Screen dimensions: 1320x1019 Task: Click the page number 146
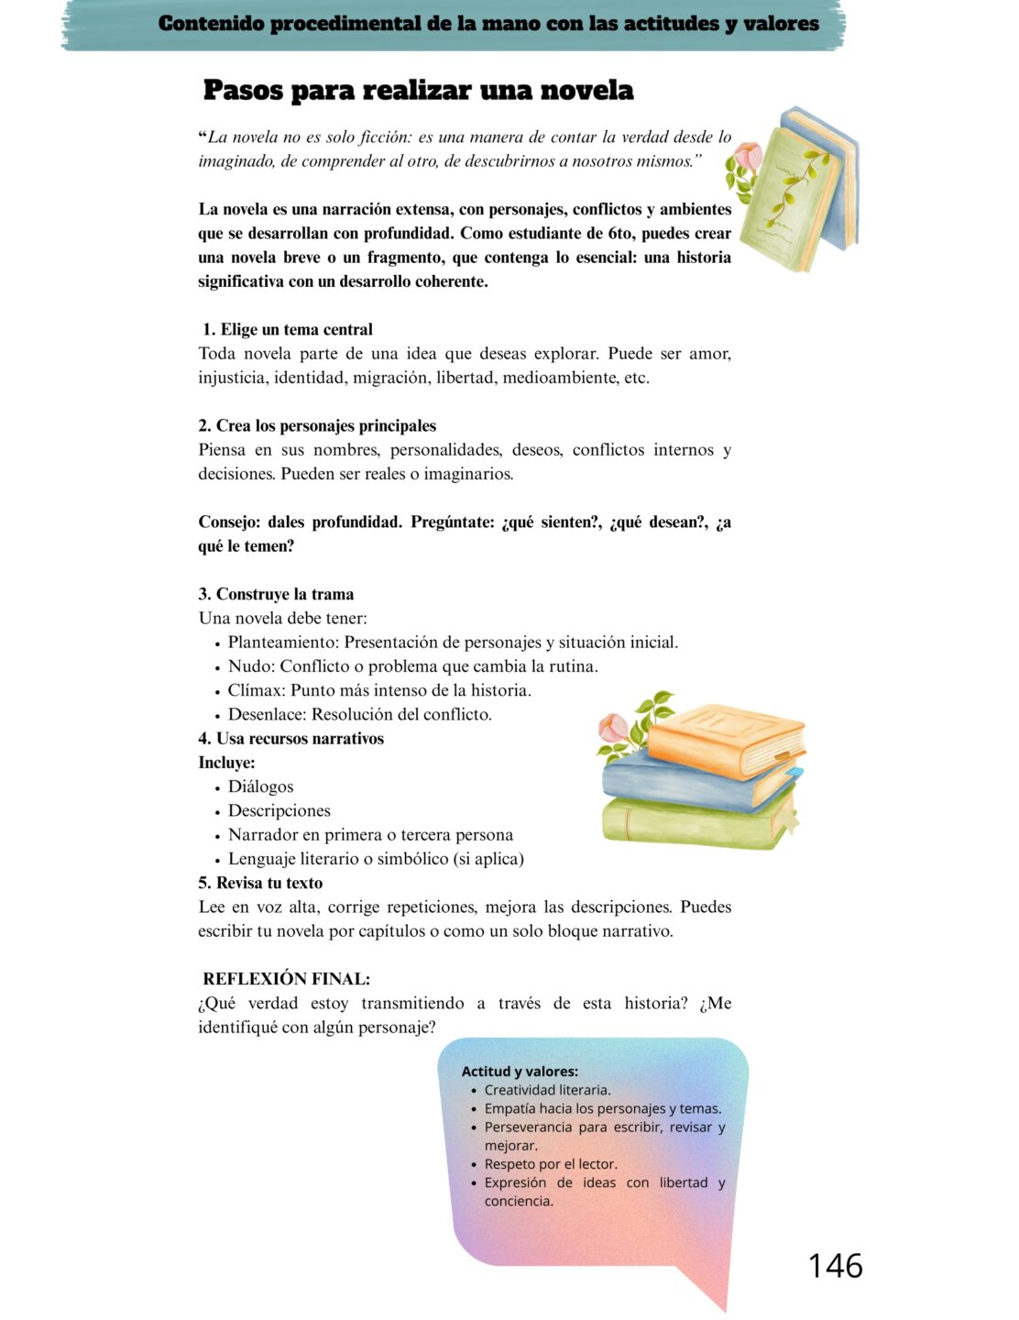pos(835,1265)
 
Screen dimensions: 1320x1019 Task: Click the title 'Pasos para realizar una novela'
pos(418,90)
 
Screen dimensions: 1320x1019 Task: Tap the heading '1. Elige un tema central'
pos(287,329)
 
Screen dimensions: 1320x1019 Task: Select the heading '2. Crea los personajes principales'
pos(317,425)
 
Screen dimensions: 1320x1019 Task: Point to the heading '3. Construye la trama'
pos(276,594)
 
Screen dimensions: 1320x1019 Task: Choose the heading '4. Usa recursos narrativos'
pos(290,739)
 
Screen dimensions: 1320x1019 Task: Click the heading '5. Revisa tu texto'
pos(260,883)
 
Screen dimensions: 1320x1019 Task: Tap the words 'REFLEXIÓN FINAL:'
pos(286,979)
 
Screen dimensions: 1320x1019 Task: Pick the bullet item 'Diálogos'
pos(260,786)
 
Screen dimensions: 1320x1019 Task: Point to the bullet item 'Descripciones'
pos(279,810)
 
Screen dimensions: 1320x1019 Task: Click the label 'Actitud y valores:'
pos(520,1071)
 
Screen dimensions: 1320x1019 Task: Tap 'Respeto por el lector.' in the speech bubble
pos(551,1164)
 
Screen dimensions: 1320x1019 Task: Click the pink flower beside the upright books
pos(749,158)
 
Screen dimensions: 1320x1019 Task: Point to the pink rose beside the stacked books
pos(614,729)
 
